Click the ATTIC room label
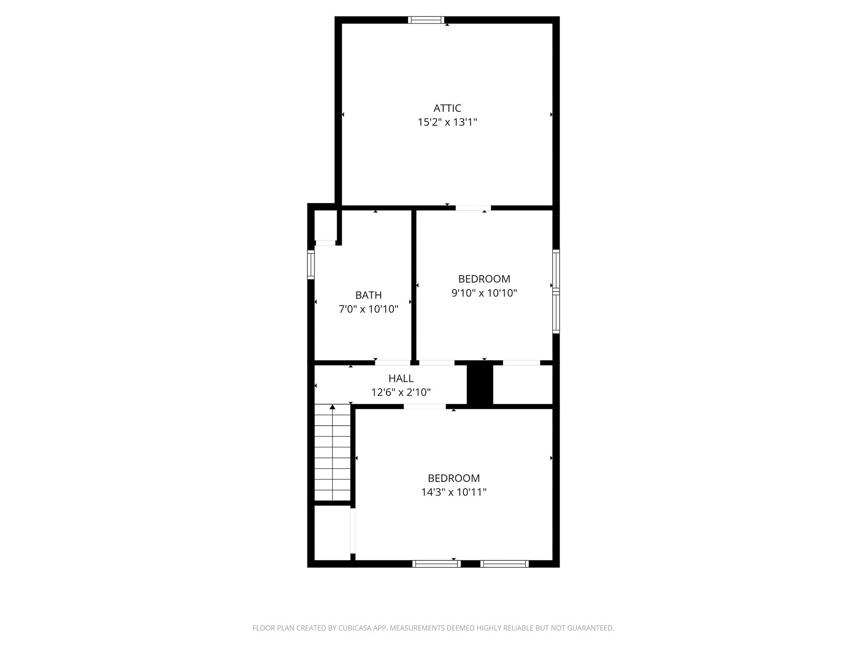tap(447, 108)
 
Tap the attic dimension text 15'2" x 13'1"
tap(447, 123)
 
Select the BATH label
tap(368, 295)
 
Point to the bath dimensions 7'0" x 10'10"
tap(368, 309)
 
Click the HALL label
tap(401, 378)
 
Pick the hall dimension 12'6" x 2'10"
tap(401, 393)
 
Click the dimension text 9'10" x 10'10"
tap(484, 293)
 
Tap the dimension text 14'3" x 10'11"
tap(454, 492)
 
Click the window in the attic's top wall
tap(426, 20)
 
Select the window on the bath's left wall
tap(311, 264)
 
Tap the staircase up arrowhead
tap(332, 407)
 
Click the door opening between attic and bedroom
tap(473, 208)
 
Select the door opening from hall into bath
tap(392, 363)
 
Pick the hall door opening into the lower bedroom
tap(424, 407)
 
